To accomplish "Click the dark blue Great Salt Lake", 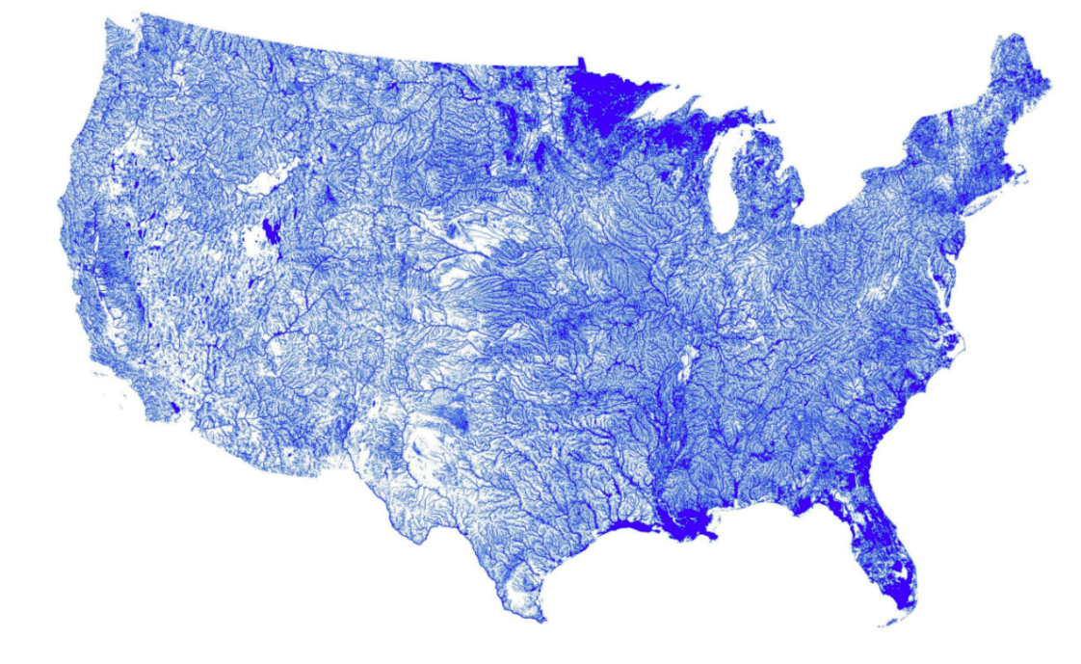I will coord(271,231).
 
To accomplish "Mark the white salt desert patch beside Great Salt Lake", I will coord(255,243).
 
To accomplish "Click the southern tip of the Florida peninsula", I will coord(902,603).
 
